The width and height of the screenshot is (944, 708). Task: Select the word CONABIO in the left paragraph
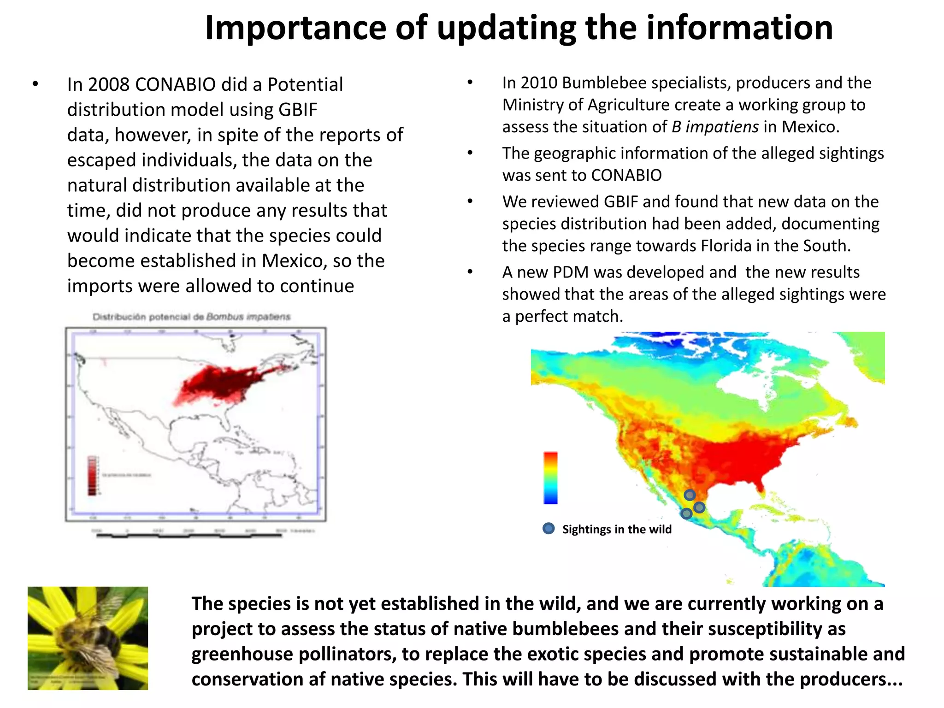(175, 85)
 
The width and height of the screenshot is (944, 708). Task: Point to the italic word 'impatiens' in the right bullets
(722, 127)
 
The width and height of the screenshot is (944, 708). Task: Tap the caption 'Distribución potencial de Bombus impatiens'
(191, 317)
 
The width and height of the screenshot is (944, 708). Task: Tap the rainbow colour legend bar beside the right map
(550, 478)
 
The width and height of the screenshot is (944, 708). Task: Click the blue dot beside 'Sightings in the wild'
(549, 529)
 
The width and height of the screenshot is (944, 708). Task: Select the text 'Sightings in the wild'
(617, 529)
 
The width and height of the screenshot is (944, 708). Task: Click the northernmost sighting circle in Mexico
(690, 495)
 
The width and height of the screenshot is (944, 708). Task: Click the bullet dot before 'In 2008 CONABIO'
(35, 85)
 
